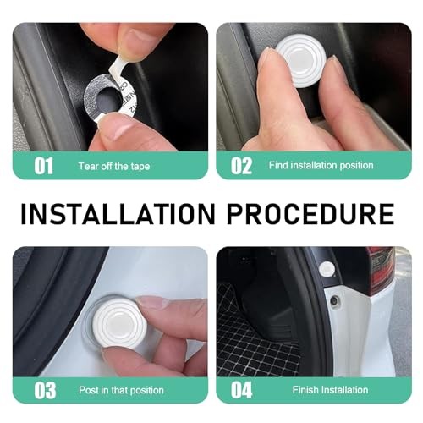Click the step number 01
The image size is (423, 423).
pyautogui.click(x=43, y=166)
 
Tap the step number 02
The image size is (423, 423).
pyautogui.click(x=241, y=166)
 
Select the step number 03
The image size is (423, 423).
pyautogui.click(x=45, y=391)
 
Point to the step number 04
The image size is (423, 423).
pyautogui.click(x=242, y=390)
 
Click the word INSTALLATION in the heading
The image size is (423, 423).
pyautogui.click(x=118, y=213)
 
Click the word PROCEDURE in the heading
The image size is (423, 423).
pyautogui.click(x=310, y=213)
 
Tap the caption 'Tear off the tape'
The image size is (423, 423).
pyautogui.click(x=114, y=166)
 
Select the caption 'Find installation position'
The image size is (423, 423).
pyautogui.click(x=321, y=165)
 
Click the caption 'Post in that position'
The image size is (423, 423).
pyautogui.click(x=121, y=390)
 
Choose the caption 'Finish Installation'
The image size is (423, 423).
pyautogui.click(x=330, y=390)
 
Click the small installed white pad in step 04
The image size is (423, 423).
pyautogui.click(x=327, y=269)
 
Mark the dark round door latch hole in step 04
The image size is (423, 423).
pyautogui.click(x=335, y=300)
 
